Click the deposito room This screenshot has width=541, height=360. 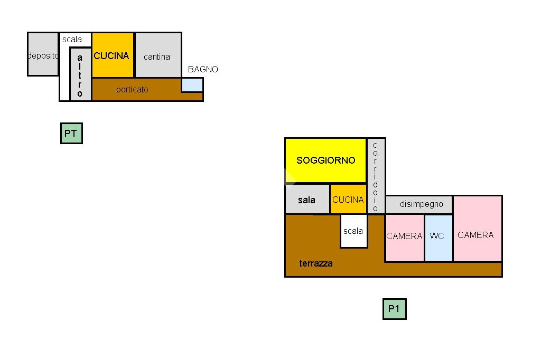[x=42, y=55]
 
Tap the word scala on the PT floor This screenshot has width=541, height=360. [x=72, y=40]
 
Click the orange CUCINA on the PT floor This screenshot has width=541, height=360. [x=112, y=55]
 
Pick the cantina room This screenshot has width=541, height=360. [x=157, y=56]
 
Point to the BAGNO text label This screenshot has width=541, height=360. [x=203, y=69]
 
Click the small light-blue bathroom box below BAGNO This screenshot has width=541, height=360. [x=192, y=84]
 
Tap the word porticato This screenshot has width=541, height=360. [x=132, y=89]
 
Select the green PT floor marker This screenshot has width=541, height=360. [x=71, y=134]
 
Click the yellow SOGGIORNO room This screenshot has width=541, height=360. [x=325, y=160]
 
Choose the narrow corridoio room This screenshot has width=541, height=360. [x=376, y=176]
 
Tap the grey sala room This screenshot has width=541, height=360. [x=307, y=200]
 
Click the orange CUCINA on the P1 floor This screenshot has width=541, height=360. [x=348, y=200]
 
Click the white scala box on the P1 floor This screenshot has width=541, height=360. [x=353, y=231]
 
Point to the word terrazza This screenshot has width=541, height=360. [x=316, y=263]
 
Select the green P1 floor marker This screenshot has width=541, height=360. [x=394, y=309]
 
